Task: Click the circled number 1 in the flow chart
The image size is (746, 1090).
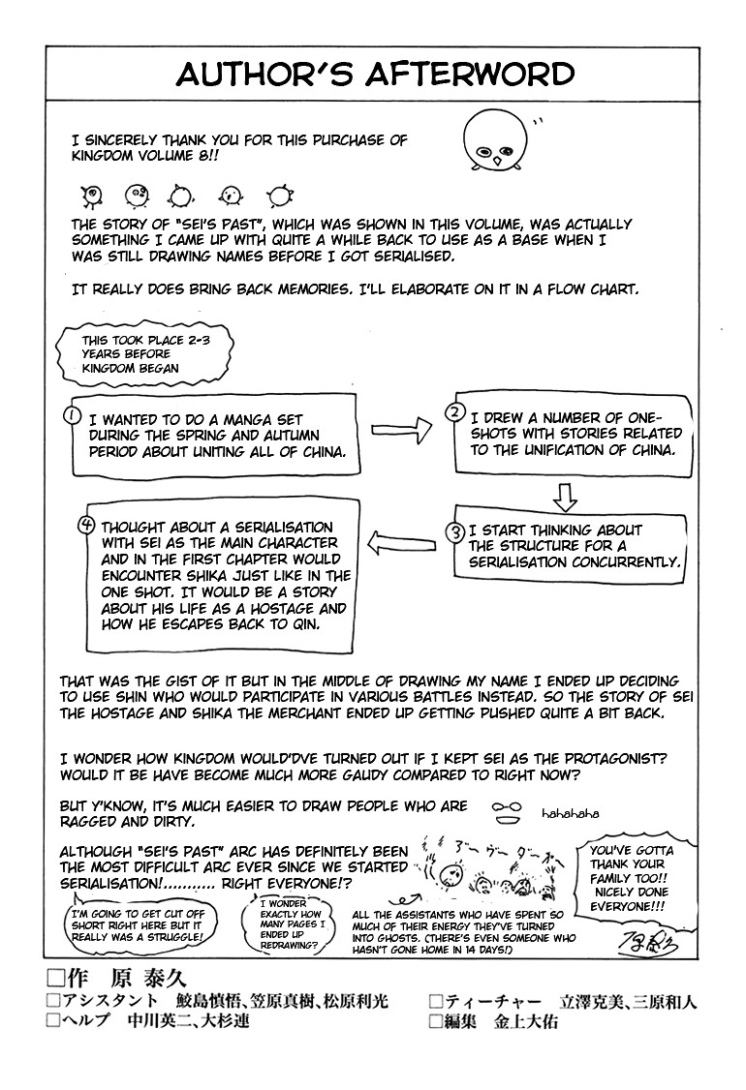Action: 71,415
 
